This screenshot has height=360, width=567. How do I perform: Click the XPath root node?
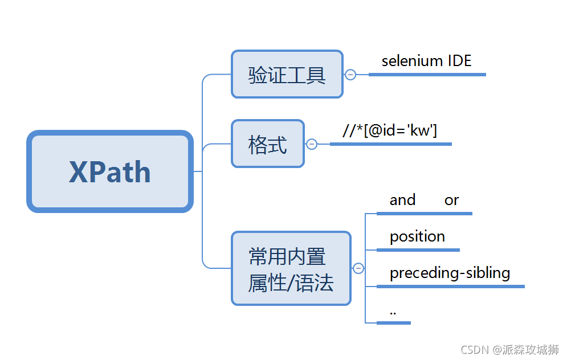(x=110, y=171)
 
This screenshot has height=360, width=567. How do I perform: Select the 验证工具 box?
(x=287, y=74)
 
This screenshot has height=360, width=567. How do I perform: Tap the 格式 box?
(x=267, y=144)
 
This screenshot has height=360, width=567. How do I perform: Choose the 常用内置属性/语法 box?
(x=291, y=268)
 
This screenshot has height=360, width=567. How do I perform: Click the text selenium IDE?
(x=426, y=61)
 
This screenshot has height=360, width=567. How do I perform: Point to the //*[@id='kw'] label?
(x=390, y=131)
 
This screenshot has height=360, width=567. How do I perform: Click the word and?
(x=402, y=200)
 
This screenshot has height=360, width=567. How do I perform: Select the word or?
(x=451, y=201)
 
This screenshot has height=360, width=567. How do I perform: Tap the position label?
(x=417, y=236)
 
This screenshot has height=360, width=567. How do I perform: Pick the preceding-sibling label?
(x=450, y=273)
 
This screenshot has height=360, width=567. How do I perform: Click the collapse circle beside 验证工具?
(x=350, y=75)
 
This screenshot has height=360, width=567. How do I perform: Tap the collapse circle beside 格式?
(x=312, y=144)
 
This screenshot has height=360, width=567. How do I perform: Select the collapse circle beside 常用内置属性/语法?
(x=358, y=268)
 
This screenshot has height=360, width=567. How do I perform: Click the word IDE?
(x=459, y=61)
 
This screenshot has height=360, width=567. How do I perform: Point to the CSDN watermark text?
(x=472, y=349)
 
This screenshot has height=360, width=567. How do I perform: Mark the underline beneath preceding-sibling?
(x=450, y=287)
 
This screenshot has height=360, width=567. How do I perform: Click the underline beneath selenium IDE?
(x=427, y=75)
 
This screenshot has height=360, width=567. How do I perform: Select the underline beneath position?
(x=418, y=250)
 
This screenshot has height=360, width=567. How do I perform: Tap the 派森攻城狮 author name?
(x=531, y=349)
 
